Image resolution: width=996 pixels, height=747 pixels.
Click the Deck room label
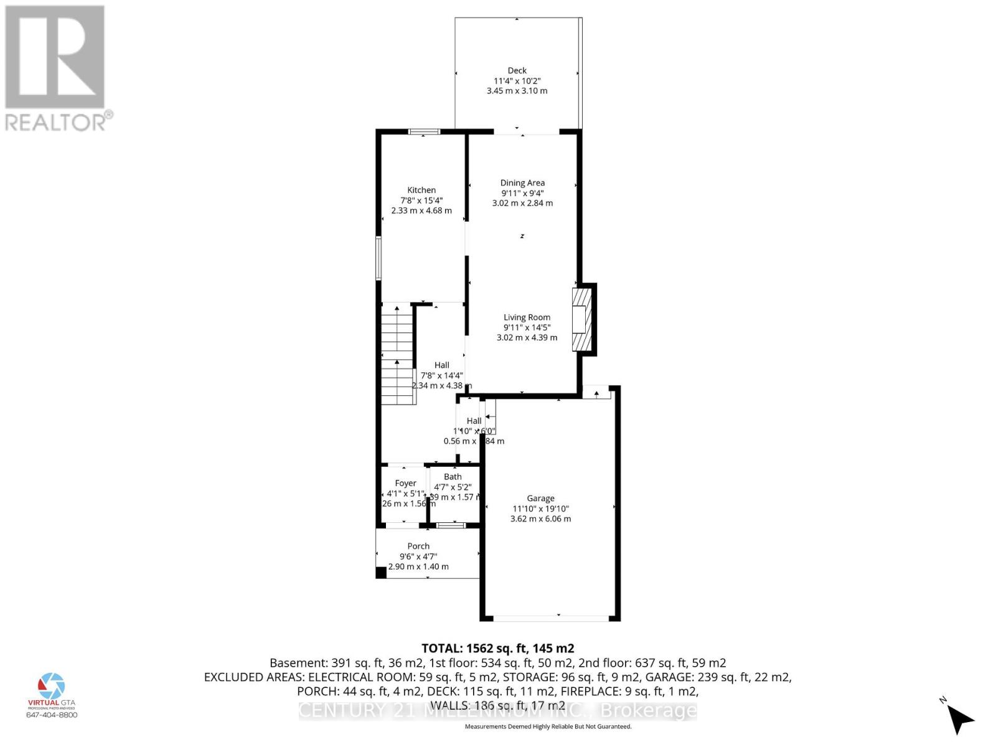pyautogui.click(x=517, y=70)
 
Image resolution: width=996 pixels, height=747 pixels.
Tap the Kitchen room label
pyautogui.click(x=421, y=190)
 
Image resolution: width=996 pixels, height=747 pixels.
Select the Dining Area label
pyautogui.click(x=522, y=182)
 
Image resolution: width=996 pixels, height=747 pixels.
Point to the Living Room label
pyautogui.click(x=527, y=317)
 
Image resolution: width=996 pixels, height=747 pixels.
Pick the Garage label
pyautogui.click(x=540, y=498)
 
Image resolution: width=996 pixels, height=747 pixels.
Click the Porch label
pyautogui.click(x=418, y=546)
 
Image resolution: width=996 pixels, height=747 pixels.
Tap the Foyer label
pyautogui.click(x=405, y=483)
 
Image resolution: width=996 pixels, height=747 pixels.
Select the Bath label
pyautogui.click(x=453, y=477)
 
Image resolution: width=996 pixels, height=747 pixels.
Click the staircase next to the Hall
pyautogui.click(x=397, y=355)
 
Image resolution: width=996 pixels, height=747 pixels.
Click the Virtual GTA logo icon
pyautogui.click(x=52, y=685)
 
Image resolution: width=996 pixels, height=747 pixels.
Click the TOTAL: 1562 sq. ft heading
pyautogui.click(x=497, y=648)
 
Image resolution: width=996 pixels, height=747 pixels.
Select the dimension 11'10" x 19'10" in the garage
pyautogui.click(x=540, y=509)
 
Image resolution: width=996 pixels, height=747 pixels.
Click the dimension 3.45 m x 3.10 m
pyautogui.click(x=517, y=91)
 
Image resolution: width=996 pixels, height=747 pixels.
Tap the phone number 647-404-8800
pyautogui.click(x=52, y=715)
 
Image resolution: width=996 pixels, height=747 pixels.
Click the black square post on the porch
pyautogui.click(x=381, y=573)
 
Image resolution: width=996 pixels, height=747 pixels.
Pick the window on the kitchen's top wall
pyautogui.click(x=424, y=131)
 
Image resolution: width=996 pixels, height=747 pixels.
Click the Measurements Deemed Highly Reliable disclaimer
pyautogui.click(x=548, y=726)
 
